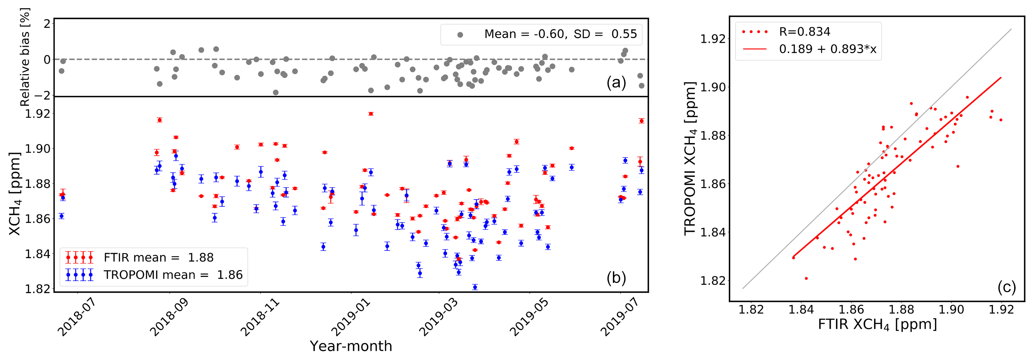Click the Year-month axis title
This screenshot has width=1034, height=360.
coord(351,346)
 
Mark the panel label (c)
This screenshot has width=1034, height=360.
coord(1006,287)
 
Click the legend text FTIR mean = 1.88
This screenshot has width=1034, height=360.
coord(159,257)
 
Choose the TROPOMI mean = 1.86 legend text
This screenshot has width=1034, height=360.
coord(173,275)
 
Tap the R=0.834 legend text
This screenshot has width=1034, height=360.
coord(805,31)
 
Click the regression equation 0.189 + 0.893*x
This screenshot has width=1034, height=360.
coord(828,49)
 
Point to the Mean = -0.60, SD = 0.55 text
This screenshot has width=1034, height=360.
coord(560,34)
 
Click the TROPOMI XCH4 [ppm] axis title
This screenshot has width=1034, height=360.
coord(689,159)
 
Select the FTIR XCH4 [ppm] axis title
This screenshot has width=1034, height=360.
coord(877,324)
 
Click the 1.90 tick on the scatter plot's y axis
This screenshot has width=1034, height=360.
coord(713,87)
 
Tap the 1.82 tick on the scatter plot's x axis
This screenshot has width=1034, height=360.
coord(751,310)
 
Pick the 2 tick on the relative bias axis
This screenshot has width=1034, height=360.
coord(47,24)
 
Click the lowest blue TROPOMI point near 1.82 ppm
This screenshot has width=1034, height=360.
coord(475,287)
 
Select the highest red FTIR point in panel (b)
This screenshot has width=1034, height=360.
coord(371,114)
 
